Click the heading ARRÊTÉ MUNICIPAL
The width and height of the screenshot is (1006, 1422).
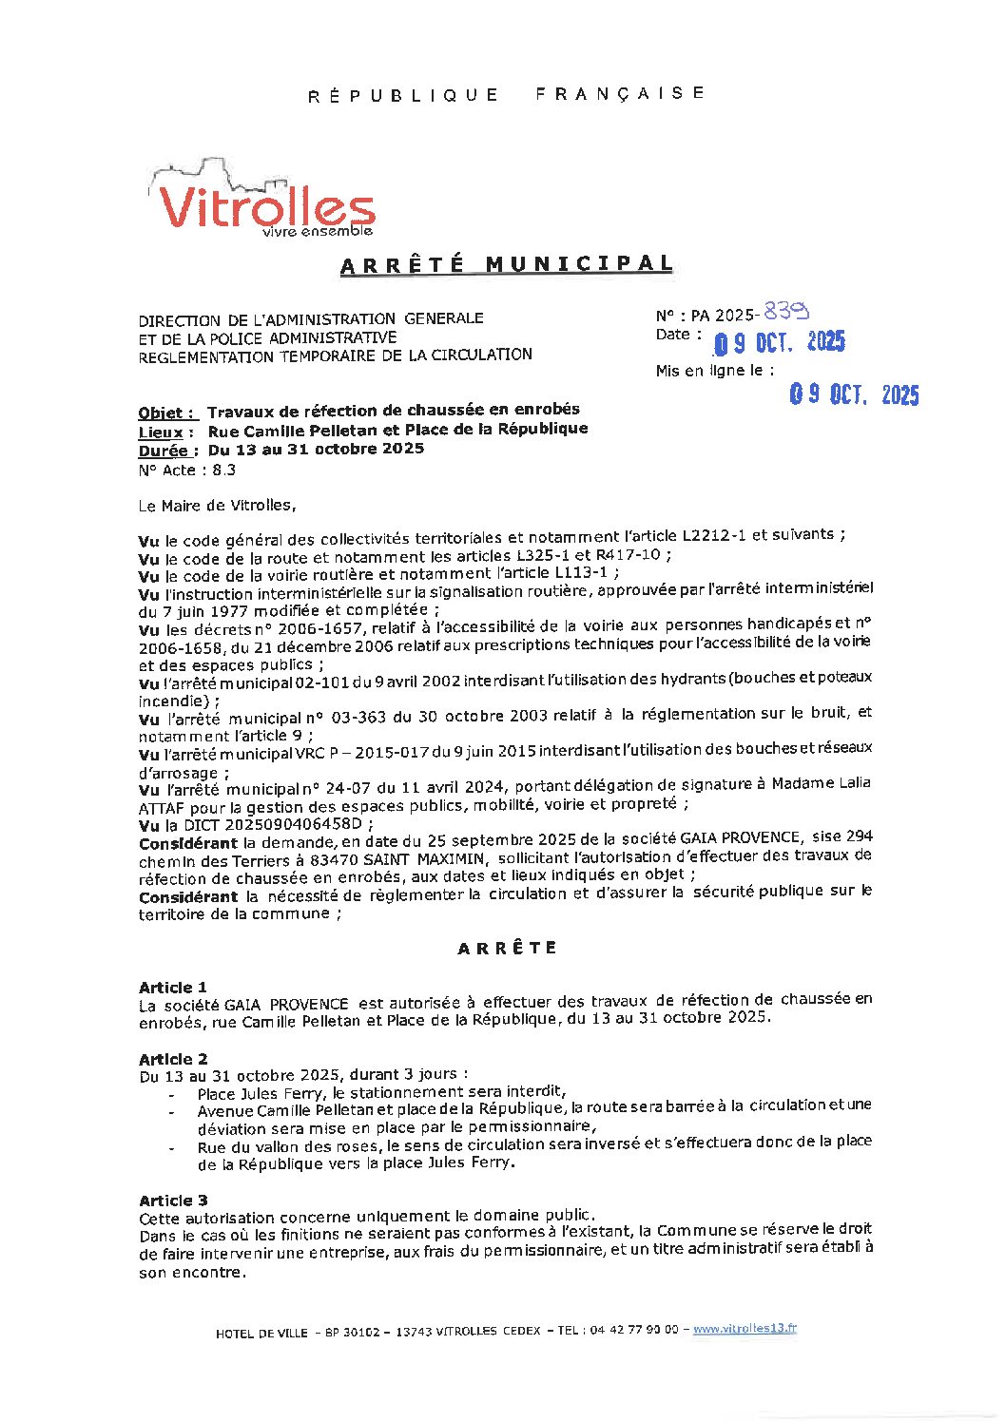click(507, 264)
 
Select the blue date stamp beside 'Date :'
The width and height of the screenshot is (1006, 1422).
click(779, 342)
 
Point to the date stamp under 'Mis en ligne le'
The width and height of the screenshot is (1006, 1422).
click(854, 394)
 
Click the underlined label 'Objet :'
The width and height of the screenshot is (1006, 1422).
click(167, 413)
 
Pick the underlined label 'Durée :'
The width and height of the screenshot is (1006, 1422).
click(168, 451)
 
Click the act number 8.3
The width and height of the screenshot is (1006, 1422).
click(223, 470)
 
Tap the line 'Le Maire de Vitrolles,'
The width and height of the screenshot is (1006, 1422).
click(217, 506)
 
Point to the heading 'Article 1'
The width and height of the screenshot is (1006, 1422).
click(173, 988)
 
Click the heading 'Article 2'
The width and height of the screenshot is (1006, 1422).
click(173, 1059)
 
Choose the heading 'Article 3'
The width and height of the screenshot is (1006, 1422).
click(173, 1201)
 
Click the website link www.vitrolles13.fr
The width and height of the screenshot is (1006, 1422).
click(745, 1329)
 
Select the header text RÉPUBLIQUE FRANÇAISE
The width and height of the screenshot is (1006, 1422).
click(507, 94)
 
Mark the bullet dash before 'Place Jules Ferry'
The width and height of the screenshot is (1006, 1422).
click(171, 1094)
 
